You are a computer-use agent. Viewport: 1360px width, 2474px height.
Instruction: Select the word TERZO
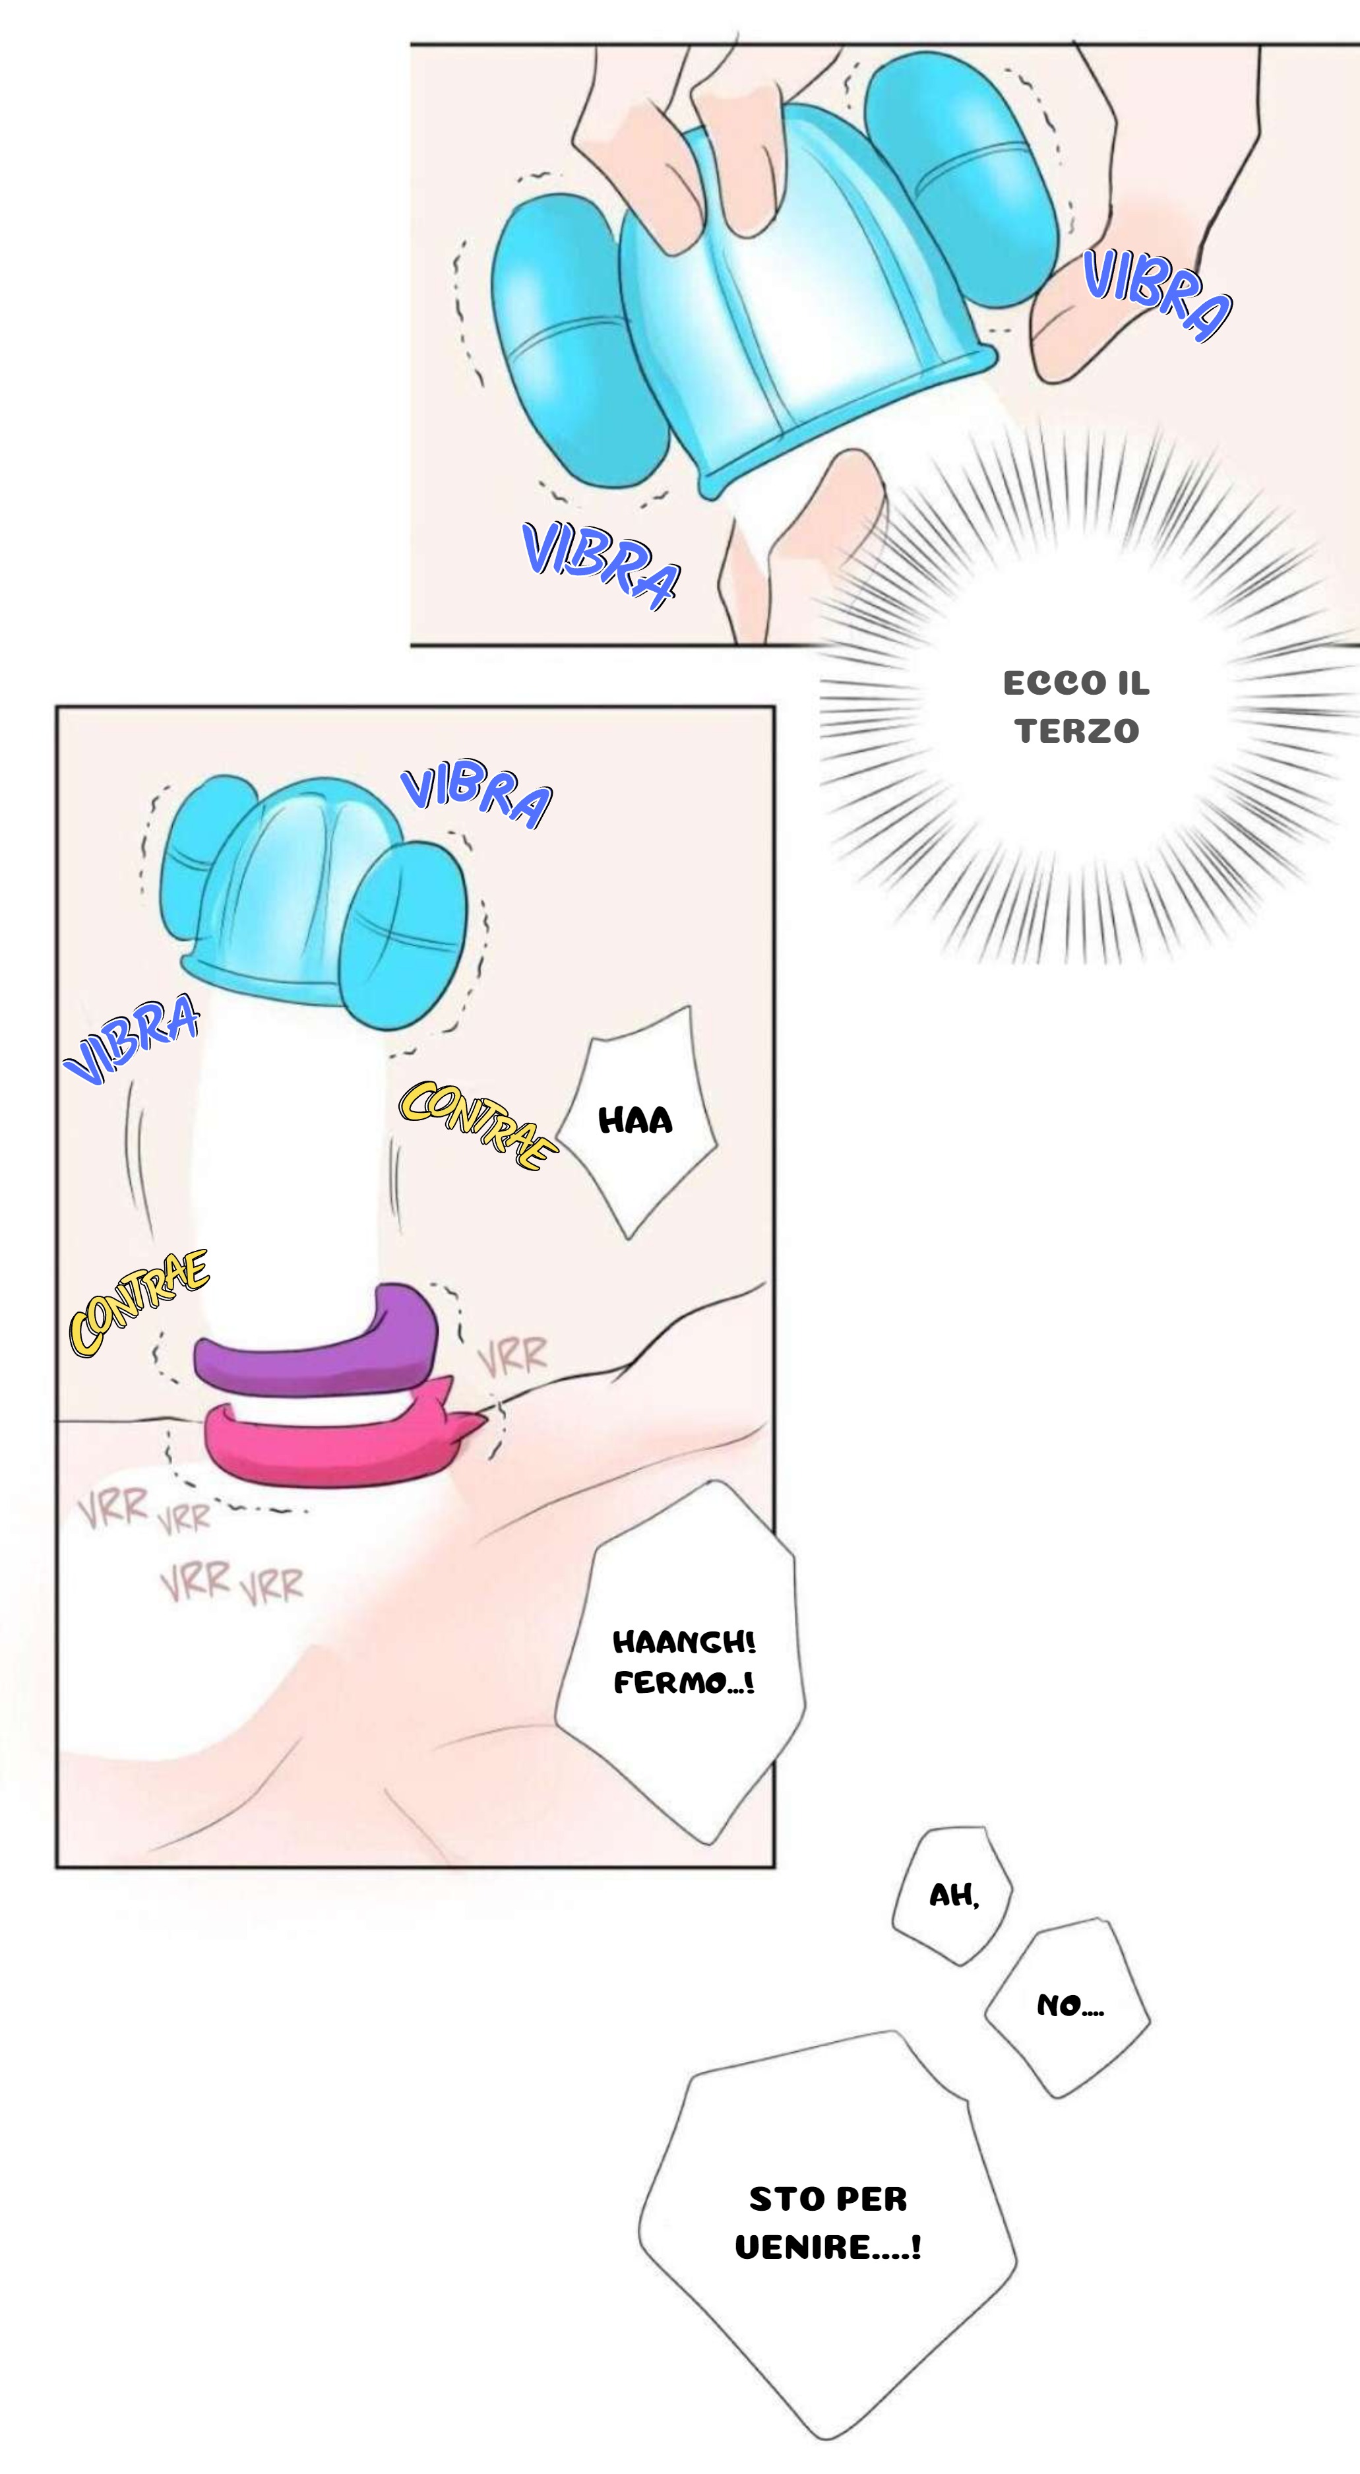[x=1076, y=732]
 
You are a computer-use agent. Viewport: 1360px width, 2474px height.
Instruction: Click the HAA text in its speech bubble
[x=635, y=1121]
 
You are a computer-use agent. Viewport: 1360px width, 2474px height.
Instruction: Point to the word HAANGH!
[x=684, y=1642]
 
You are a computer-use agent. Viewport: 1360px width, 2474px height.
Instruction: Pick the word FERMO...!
[x=684, y=1682]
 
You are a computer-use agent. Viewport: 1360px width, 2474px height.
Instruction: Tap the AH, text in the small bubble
[x=954, y=1895]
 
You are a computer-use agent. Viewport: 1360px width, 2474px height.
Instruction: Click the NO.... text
[x=1070, y=2006]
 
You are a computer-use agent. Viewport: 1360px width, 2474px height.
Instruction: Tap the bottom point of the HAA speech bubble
[x=629, y=1237]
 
